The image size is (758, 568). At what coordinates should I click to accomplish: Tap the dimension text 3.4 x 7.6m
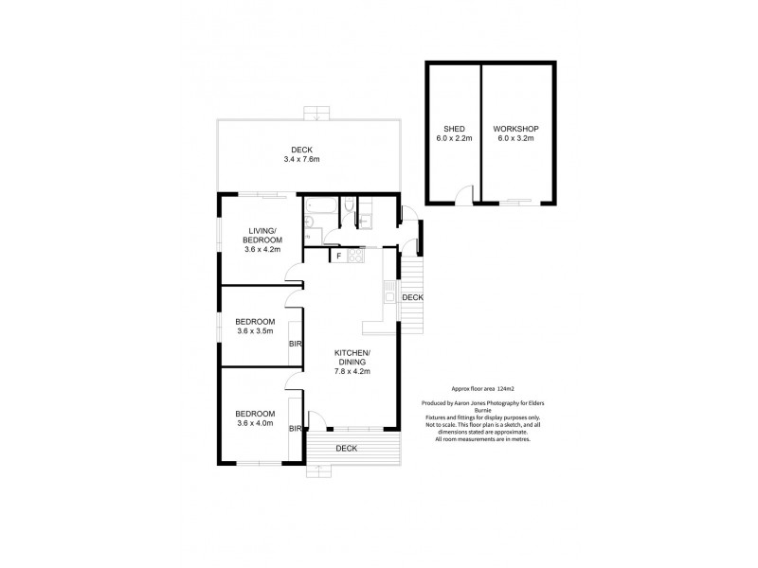[301, 159]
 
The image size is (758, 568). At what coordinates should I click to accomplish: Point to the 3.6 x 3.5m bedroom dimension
[255, 330]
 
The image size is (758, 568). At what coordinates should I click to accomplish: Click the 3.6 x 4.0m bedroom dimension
[255, 423]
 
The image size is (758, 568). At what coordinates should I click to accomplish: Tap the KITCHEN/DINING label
[352, 357]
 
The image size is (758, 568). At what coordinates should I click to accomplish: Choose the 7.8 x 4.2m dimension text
[352, 371]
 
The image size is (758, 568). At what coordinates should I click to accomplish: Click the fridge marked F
[337, 256]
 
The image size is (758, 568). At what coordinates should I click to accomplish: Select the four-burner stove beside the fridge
[356, 256]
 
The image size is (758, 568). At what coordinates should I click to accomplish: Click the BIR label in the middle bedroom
[295, 344]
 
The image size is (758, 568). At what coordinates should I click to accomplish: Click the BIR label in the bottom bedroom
[295, 429]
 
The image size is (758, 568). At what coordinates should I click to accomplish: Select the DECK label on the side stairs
[412, 298]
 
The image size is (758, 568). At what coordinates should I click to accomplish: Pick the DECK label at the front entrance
[346, 449]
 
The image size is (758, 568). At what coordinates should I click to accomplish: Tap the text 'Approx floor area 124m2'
[482, 389]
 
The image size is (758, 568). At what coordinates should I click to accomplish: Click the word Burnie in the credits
[483, 411]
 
